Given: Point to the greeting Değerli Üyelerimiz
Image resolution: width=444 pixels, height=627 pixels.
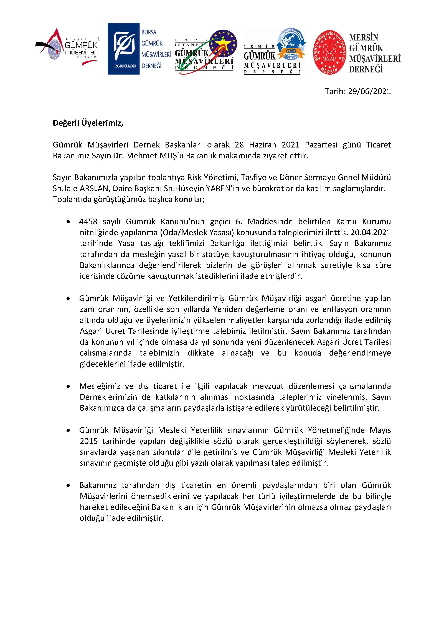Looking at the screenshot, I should (x=88, y=123).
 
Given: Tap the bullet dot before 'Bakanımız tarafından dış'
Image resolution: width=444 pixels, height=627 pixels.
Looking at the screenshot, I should (x=68, y=486).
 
